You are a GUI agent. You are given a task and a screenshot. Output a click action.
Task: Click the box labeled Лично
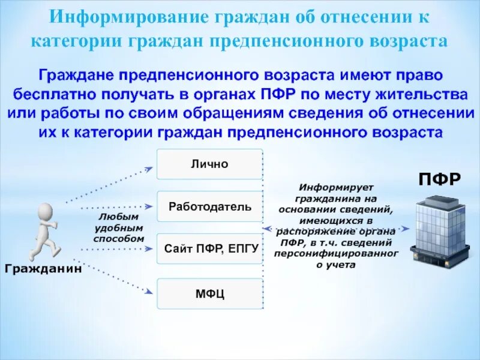pyautogui.click(x=209, y=164)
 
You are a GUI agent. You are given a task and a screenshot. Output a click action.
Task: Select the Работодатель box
pyautogui.click(x=209, y=207)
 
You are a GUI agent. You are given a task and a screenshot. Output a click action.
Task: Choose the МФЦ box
pyautogui.click(x=209, y=293)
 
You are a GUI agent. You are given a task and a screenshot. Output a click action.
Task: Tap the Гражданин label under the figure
pyautogui.click(x=43, y=268)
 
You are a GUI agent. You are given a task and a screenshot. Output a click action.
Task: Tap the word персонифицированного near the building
pyautogui.click(x=336, y=254)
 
